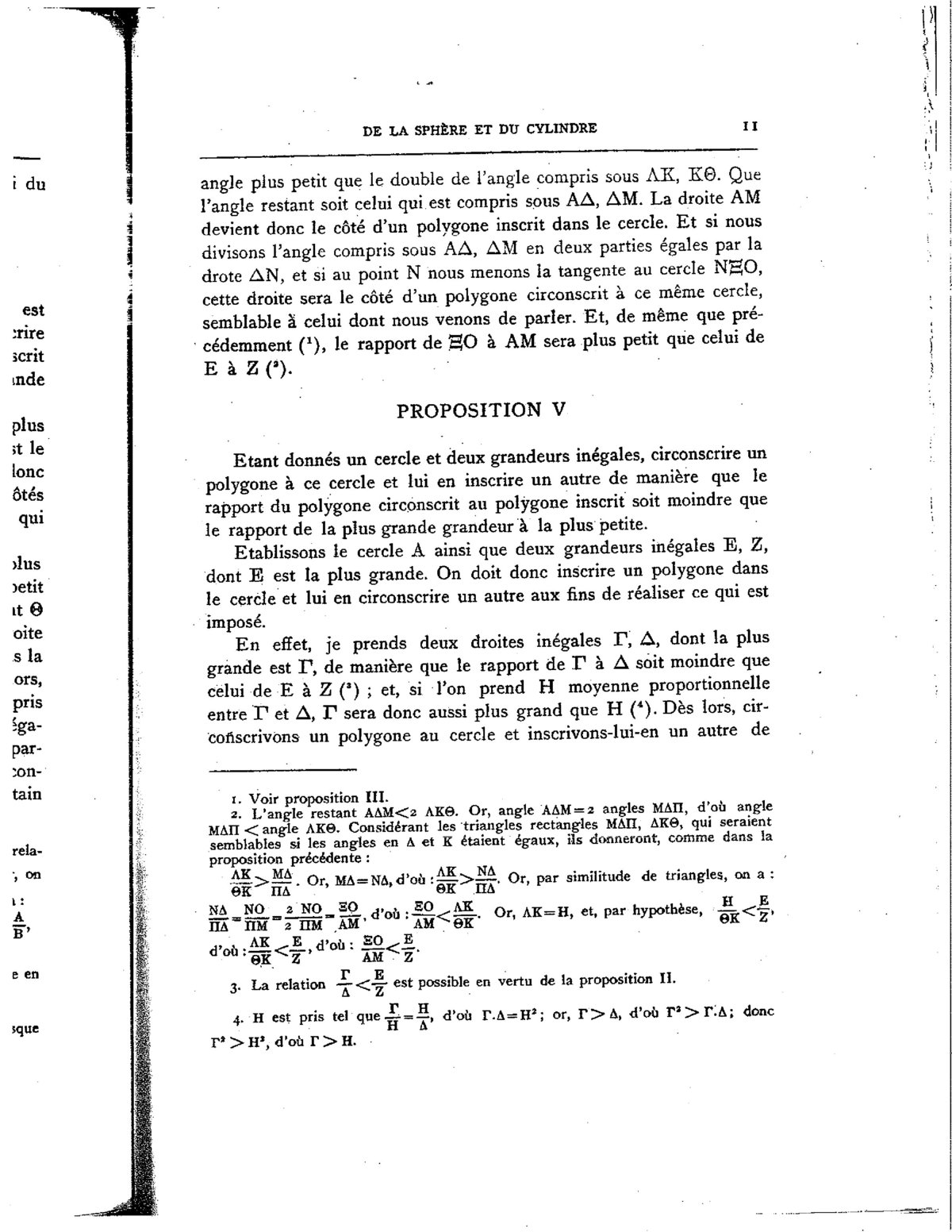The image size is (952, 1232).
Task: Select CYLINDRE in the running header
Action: point(561,128)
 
